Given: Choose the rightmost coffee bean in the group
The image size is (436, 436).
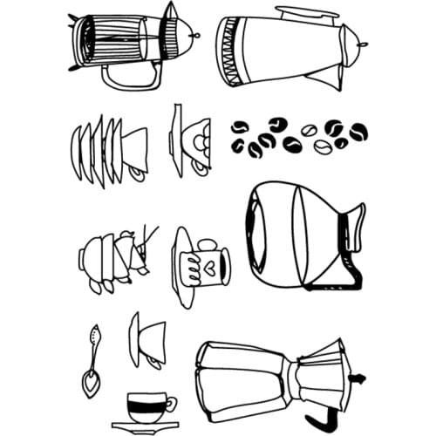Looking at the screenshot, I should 358,131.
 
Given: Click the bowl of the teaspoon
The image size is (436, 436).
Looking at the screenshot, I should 90,382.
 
